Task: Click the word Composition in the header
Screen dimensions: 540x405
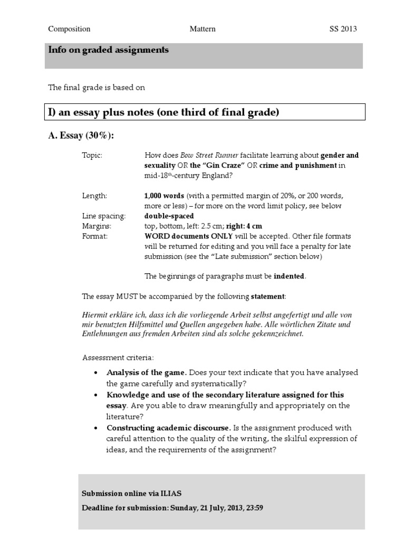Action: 69,29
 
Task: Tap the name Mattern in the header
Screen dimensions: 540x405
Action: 202,29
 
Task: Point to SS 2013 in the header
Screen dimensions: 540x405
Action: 339,29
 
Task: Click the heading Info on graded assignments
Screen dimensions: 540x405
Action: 109,50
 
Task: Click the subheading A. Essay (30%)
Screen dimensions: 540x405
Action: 81,136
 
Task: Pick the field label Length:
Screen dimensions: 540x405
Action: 94,196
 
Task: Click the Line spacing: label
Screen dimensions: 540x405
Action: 103,216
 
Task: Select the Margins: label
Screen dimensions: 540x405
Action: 97,226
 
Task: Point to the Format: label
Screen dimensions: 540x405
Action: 94,236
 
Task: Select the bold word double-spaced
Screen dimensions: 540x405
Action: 169,216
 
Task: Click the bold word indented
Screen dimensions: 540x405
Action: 289,276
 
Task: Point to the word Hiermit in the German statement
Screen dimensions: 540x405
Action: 95,314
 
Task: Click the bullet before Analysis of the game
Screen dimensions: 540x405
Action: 95,373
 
